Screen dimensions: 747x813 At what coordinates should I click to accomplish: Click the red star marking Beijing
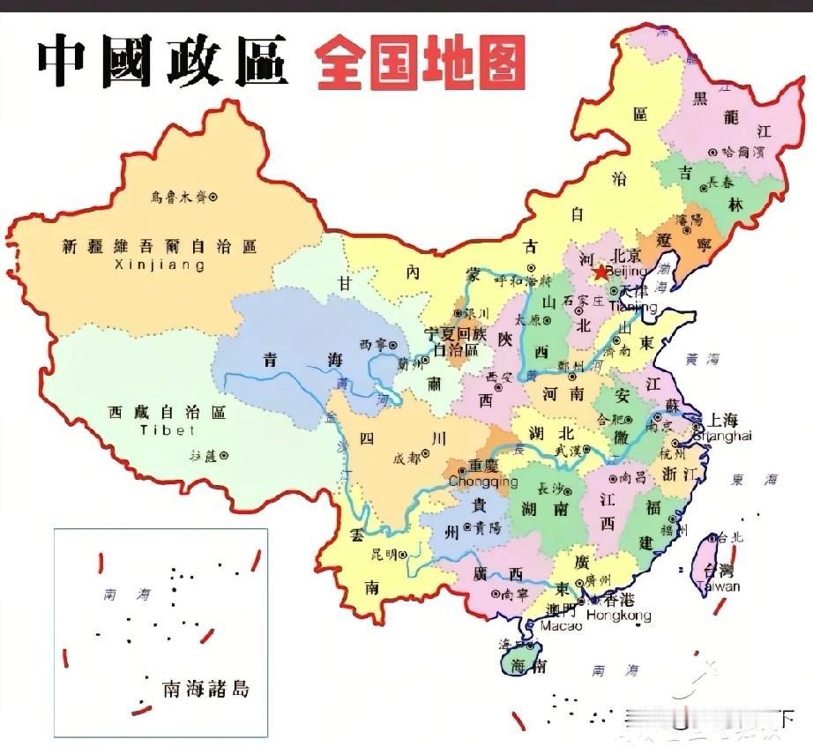pos(601,273)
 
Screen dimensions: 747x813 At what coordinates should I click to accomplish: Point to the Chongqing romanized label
pos(483,482)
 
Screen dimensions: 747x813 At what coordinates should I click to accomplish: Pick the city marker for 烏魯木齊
pos(212,197)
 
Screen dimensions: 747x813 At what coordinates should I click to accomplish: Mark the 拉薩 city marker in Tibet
pos(224,455)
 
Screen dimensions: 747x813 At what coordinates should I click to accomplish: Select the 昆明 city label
pos(384,555)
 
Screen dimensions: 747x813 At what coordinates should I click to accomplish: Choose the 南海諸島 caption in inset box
pos(205,688)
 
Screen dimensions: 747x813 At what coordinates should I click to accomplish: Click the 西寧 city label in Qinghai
pos(373,344)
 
